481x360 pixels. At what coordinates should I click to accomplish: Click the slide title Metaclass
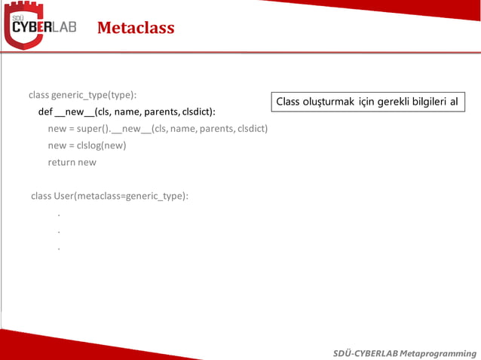(x=136, y=29)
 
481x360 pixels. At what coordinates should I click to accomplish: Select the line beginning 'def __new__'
(x=127, y=111)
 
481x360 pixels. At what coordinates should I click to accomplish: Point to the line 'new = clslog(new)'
(x=87, y=145)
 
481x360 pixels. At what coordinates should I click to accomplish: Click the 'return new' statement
(x=72, y=162)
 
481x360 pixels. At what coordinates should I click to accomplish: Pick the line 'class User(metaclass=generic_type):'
(x=109, y=196)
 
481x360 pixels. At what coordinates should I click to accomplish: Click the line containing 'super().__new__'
(x=158, y=128)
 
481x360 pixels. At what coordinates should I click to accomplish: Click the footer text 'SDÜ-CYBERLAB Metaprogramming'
(x=405, y=352)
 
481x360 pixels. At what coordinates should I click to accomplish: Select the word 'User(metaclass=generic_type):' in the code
(x=121, y=196)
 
